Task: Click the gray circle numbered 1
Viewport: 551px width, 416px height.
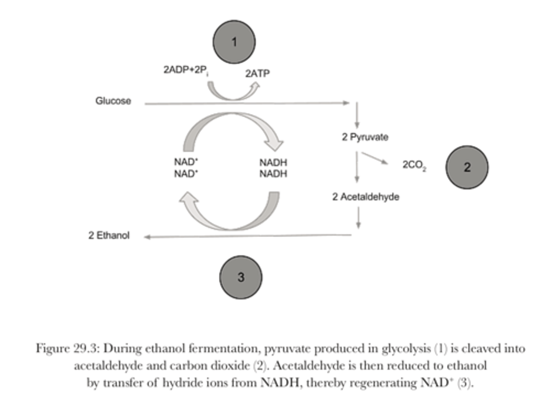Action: click(234, 42)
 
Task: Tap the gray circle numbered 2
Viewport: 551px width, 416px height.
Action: click(467, 167)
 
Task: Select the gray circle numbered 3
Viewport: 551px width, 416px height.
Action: click(241, 277)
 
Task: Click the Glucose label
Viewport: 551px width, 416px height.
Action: click(113, 101)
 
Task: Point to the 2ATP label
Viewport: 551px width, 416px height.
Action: click(258, 73)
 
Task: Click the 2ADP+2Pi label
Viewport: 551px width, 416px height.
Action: click(186, 70)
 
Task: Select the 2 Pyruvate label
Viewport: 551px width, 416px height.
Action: click(365, 137)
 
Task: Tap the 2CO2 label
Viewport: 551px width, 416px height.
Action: click(414, 166)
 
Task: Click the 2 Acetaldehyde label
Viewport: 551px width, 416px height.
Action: click(366, 197)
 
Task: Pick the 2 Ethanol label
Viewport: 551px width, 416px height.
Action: click(109, 236)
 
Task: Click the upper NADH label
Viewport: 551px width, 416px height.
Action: click(273, 163)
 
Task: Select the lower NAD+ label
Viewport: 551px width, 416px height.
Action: click(186, 174)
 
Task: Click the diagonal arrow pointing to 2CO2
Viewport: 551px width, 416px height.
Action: click(375, 158)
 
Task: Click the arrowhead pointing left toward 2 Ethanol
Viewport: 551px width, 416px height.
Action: click(147, 237)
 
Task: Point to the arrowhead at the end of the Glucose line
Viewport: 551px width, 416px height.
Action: click(346, 102)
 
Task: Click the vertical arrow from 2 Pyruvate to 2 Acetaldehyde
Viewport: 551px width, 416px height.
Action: click(357, 167)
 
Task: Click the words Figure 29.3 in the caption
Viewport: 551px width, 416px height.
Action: click(66, 349)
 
